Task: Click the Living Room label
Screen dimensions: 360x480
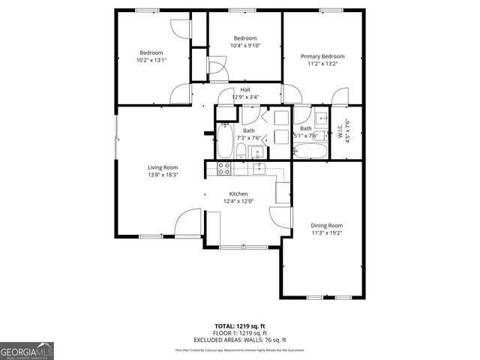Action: [x=162, y=166]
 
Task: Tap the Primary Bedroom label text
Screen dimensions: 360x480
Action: [x=322, y=56]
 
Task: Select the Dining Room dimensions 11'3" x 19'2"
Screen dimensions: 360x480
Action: [x=326, y=232]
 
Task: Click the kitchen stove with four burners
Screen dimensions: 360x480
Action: [x=223, y=169]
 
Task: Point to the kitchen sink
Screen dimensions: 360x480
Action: [x=259, y=169]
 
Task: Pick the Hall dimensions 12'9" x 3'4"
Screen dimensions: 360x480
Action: [x=245, y=97]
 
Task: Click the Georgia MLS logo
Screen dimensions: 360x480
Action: [x=27, y=350]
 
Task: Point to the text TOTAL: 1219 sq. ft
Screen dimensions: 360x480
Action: [x=239, y=326]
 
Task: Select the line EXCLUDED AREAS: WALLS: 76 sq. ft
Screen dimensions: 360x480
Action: [x=239, y=339]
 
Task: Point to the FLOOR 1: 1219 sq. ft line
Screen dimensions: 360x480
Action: [x=239, y=333]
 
